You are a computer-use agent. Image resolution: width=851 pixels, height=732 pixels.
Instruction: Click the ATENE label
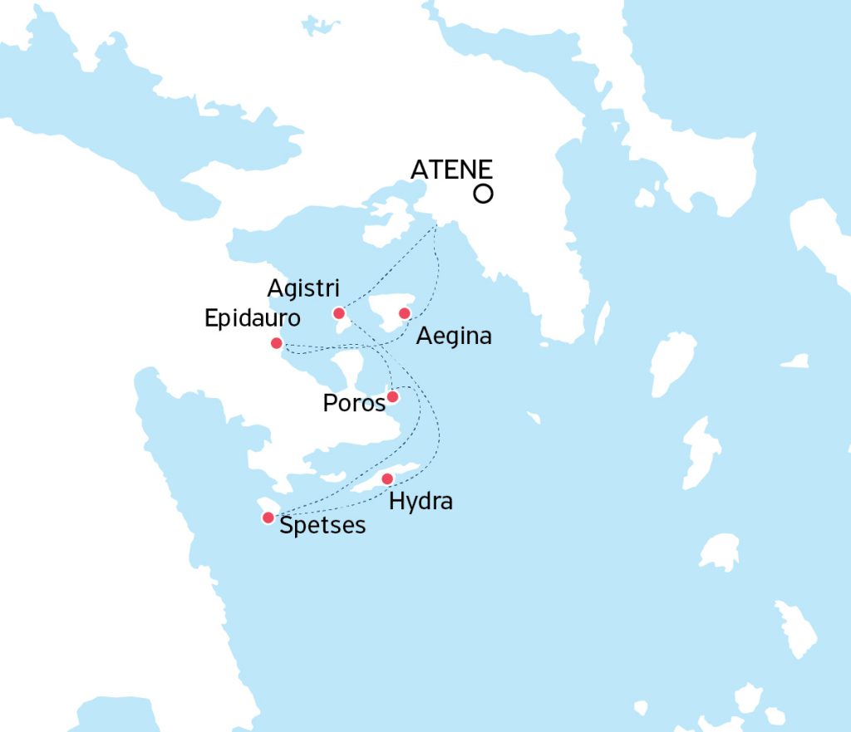pos(452,170)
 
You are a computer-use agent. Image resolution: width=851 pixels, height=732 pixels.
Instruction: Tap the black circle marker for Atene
pos(482,194)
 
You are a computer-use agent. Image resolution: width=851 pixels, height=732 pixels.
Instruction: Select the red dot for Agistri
pos(339,313)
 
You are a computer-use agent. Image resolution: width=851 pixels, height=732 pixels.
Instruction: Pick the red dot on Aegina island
pos(405,313)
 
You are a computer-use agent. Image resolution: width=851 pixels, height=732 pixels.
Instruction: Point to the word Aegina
pos(454,337)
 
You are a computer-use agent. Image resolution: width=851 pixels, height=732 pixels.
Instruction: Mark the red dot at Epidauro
pos(277,343)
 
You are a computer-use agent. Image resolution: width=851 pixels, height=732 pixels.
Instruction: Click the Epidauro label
pos(253,319)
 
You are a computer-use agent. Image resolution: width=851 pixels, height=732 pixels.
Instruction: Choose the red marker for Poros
pos(392,397)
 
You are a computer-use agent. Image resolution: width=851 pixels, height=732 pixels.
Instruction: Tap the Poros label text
pos(354,404)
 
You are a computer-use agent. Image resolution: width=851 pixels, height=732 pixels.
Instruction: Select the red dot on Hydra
pos(387,479)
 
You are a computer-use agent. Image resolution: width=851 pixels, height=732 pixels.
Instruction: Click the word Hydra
pos(421,502)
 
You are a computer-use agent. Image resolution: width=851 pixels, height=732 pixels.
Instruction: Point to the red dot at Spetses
pos(268,518)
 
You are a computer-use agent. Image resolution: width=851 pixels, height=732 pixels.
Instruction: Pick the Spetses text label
pos(322,526)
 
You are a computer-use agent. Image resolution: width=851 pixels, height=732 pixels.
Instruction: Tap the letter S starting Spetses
pos(287,525)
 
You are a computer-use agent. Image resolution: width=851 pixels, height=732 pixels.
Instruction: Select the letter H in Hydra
pos(396,501)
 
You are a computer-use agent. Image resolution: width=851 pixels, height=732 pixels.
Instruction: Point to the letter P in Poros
pos(329,404)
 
